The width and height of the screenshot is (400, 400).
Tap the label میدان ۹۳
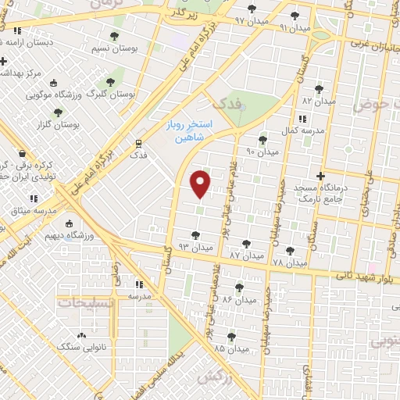[195, 247]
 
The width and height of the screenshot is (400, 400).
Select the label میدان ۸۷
[247, 255]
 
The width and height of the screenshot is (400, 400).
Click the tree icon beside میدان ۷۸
[291, 250]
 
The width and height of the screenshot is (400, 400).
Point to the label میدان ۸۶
[239, 300]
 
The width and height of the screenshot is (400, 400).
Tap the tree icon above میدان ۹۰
[262, 140]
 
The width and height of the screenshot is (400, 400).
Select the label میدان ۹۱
[295, 27]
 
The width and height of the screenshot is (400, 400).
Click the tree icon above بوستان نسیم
[115, 37]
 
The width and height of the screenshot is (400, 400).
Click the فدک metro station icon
[138, 143]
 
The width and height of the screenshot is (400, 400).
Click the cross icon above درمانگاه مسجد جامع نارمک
[320, 176]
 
